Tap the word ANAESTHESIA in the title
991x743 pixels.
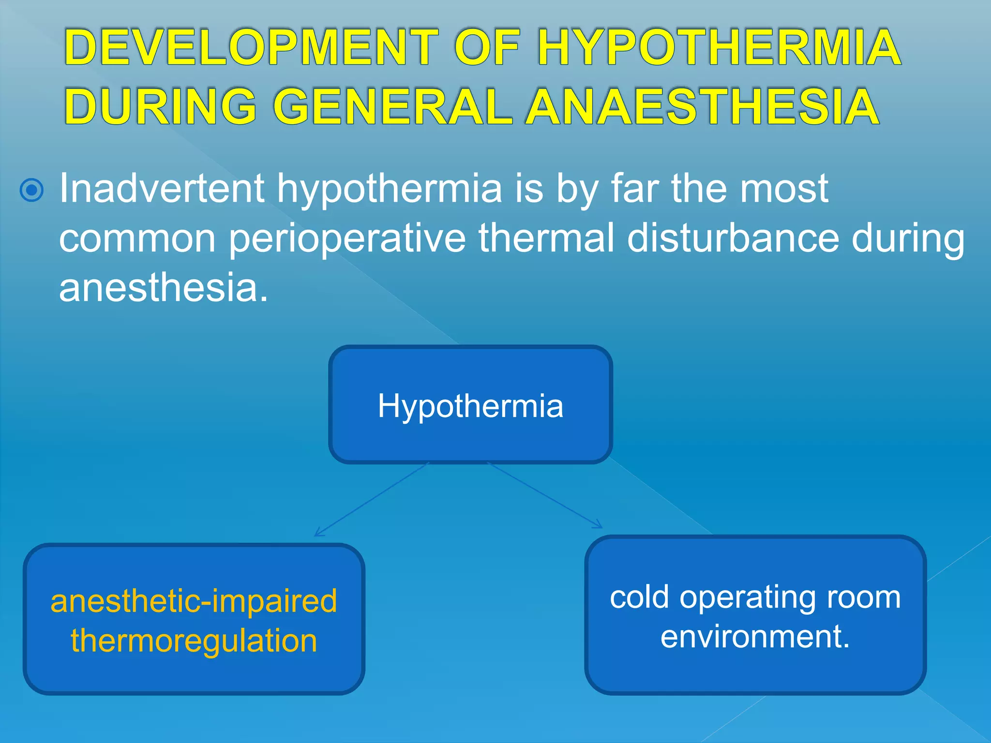703,107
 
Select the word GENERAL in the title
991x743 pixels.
392,107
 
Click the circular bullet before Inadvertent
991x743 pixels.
32,190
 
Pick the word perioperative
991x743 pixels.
346,239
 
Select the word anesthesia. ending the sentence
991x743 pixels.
163,288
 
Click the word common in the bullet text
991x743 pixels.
137,239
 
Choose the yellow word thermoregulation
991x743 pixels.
194,640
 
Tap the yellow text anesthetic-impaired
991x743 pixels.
194,601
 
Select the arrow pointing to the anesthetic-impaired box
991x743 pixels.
372,499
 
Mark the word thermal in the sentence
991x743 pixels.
547,238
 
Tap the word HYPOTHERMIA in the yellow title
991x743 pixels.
719,47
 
